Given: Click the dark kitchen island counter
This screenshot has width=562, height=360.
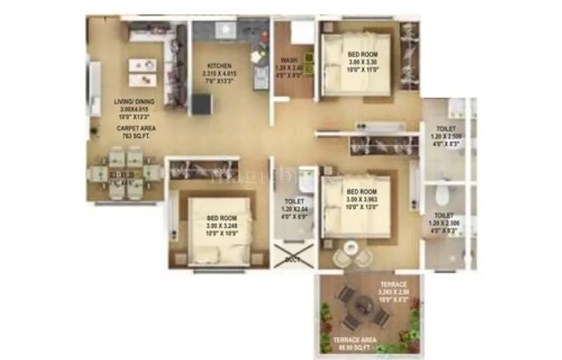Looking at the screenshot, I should click(201, 103).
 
